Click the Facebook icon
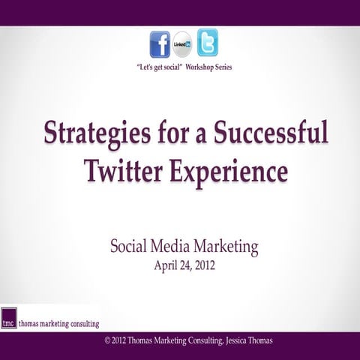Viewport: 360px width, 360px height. pyautogui.click(x=160, y=44)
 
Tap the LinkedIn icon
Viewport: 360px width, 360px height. pyautogui.click(x=182, y=44)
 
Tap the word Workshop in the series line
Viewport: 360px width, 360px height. pyautogui.click(x=195, y=67)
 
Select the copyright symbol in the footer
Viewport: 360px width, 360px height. pyautogui.click(x=109, y=340)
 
